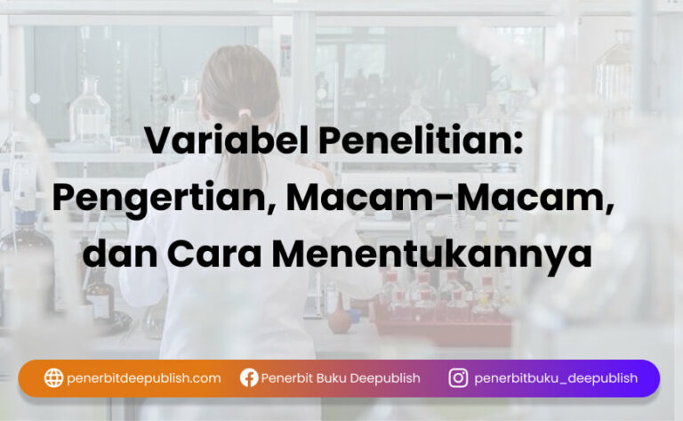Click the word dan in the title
[119, 254]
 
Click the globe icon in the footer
[53, 378]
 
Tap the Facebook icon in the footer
[249, 378]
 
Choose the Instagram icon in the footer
[458, 378]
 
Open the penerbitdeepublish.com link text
[144, 378]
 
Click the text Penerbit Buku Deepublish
[341, 378]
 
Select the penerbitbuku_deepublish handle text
[556, 378]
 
